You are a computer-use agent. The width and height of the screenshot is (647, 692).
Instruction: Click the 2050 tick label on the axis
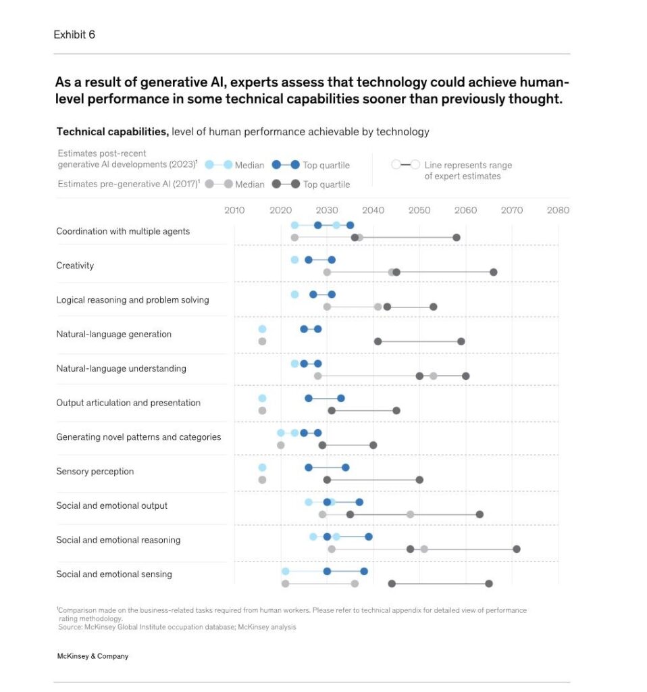click(419, 210)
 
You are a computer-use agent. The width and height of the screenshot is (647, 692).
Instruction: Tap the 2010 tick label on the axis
click(234, 210)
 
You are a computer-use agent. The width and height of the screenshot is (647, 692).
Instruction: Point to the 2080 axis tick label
click(558, 210)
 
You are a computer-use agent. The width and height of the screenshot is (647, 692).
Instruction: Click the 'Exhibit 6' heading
click(74, 34)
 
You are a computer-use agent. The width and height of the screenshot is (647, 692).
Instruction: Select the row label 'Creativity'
click(75, 266)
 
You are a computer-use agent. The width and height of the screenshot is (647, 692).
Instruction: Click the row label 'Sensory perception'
click(95, 472)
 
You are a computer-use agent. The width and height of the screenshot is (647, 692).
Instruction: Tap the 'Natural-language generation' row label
click(113, 335)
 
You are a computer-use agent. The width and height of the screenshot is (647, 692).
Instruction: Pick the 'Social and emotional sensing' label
click(113, 574)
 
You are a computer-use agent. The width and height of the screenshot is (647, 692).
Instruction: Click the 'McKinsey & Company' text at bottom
click(93, 656)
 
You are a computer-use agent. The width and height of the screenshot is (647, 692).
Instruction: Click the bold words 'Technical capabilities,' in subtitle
click(112, 132)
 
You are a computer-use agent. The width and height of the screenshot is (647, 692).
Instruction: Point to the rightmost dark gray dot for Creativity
click(494, 272)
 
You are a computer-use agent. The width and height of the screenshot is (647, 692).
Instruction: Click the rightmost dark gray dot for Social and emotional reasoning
click(517, 549)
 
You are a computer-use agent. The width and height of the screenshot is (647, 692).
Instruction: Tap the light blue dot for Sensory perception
click(262, 468)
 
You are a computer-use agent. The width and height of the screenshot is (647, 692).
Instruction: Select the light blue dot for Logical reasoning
click(294, 295)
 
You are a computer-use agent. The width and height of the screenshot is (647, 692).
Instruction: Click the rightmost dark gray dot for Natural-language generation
click(461, 341)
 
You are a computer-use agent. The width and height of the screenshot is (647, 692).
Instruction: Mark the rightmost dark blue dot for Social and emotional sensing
click(364, 571)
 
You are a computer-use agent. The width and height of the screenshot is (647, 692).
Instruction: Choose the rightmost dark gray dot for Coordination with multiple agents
click(457, 238)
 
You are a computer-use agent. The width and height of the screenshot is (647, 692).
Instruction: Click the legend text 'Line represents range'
click(468, 165)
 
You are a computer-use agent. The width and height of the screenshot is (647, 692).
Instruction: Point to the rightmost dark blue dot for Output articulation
click(341, 398)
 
